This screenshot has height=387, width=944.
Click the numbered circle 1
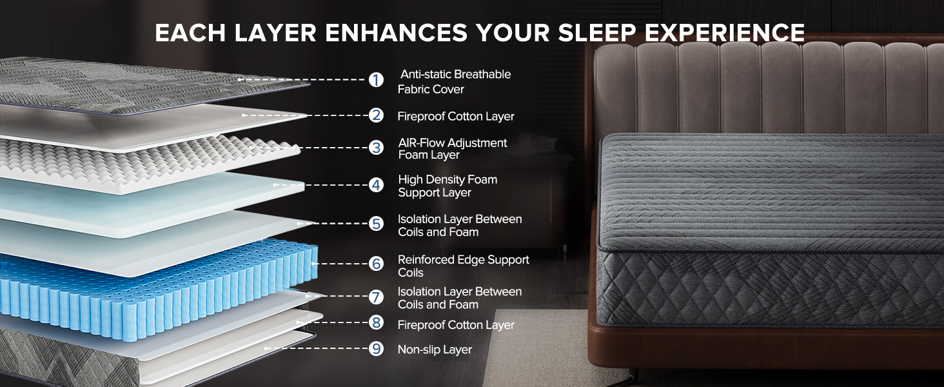coord(376,80)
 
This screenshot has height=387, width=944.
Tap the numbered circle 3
coord(377,148)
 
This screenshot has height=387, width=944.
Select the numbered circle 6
coord(377,264)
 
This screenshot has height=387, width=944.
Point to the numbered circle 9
coord(377,349)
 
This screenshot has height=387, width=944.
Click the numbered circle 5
coord(377,224)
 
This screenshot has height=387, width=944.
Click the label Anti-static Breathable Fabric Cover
coord(455,82)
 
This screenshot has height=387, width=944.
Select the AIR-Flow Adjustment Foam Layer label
coord(452,149)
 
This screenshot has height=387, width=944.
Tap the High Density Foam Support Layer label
coord(447,186)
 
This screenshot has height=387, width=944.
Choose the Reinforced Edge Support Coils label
coord(463,266)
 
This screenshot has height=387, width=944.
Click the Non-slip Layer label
coord(435,350)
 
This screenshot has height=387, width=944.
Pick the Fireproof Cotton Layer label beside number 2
coord(455,116)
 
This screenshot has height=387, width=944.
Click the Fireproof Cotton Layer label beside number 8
coord(455,325)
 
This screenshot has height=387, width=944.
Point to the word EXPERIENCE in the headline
coord(735,33)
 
